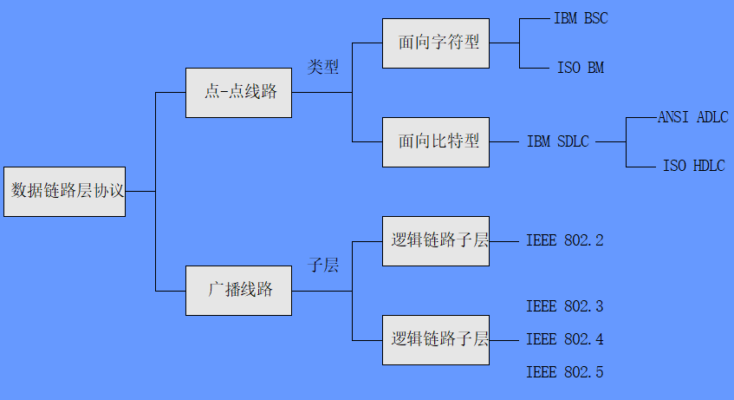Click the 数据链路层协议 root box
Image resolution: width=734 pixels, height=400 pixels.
[x=64, y=191]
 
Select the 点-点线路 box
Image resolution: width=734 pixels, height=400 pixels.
[x=238, y=92]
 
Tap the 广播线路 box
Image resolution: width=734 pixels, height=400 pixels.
[x=238, y=290]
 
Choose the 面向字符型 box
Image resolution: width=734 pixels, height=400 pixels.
[x=436, y=43]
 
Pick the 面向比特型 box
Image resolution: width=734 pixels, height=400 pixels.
[x=436, y=141]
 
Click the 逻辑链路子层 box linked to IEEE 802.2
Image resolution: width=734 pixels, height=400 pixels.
[x=436, y=240]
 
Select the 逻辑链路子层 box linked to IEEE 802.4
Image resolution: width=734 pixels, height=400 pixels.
[x=436, y=339]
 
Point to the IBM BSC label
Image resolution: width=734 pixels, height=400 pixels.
[x=581, y=18]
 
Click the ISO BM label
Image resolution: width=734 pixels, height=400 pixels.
[x=581, y=68]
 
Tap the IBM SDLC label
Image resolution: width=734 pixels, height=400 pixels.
[x=557, y=141]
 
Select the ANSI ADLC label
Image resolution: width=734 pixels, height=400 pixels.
[x=692, y=117]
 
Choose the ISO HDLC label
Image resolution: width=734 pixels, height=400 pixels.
[x=693, y=167]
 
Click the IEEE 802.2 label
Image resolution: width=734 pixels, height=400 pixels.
[x=564, y=240]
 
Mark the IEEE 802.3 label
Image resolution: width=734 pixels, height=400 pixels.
[x=564, y=306]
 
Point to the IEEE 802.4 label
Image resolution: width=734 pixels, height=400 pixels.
[x=564, y=339]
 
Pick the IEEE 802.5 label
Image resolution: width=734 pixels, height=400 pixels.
[x=564, y=372]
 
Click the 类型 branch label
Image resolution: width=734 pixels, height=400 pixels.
[x=323, y=68]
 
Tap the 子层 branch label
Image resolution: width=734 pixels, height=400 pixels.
[x=323, y=266]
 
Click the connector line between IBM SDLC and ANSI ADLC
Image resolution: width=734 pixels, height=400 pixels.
[x=610, y=141]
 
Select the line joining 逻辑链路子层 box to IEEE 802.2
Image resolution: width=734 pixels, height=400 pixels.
[x=504, y=240]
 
